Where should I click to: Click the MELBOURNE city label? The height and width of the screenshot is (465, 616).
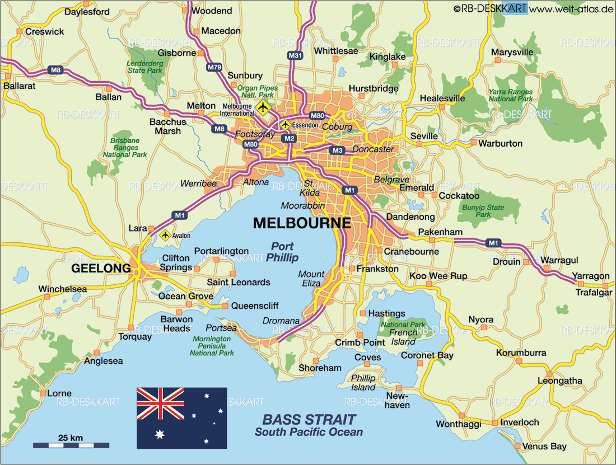tap(302, 223)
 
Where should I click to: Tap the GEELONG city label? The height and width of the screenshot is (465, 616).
tap(101, 269)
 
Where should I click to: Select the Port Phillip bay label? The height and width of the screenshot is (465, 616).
tap(282, 252)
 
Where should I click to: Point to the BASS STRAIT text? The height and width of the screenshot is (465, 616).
tap(309, 419)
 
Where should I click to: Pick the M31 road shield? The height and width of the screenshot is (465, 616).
tap(295, 55)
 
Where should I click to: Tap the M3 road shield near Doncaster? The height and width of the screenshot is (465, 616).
tap(337, 150)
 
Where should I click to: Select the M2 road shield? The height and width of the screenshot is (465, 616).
tap(289, 138)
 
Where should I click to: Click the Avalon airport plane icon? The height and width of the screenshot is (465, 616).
tap(165, 236)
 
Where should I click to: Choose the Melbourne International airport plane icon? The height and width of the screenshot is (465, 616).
tap(262, 106)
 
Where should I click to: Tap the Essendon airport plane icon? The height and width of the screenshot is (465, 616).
tap(286, 124)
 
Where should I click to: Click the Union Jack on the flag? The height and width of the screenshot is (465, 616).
tap(160, 403)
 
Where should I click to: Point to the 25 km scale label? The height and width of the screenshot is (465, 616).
tap(71, 436)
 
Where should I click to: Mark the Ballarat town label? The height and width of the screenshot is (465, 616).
tap(19, 86)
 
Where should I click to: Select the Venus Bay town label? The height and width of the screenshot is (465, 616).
tap(544, 447)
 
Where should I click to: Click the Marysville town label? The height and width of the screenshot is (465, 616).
tap(512, 52)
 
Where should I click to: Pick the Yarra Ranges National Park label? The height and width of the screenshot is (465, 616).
tap(510, 95)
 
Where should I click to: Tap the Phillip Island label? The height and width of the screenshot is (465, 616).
tap(363, 383)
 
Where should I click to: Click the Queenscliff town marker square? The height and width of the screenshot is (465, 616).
tap(225, 306)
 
